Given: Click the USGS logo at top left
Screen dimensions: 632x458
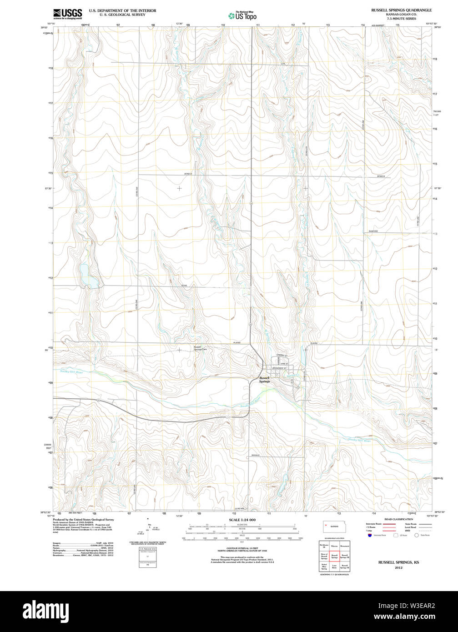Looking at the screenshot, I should click(x=67, y=14).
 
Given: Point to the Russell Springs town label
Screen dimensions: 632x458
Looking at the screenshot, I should click(x=264, y=380).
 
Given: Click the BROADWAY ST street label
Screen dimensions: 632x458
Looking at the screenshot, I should click(x=280, y=367).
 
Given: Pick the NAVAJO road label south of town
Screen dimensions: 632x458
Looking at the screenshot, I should click(x=255, y=455).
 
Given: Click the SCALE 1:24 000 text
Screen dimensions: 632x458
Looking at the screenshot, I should click(x=242, y=520).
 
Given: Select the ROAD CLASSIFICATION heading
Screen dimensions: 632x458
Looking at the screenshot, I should click(x=398, y=519).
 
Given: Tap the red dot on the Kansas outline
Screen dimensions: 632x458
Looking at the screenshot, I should click(x=326, y=526).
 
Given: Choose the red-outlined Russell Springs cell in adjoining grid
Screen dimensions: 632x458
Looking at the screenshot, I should click(x=334, y=556).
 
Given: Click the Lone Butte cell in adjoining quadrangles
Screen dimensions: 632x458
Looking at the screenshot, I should click(x=334, y=567).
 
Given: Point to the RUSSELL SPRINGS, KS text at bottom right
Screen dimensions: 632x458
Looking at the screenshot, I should click(x=398, y=562).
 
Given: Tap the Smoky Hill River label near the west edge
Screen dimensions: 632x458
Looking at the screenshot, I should click(x=71, y=372).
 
